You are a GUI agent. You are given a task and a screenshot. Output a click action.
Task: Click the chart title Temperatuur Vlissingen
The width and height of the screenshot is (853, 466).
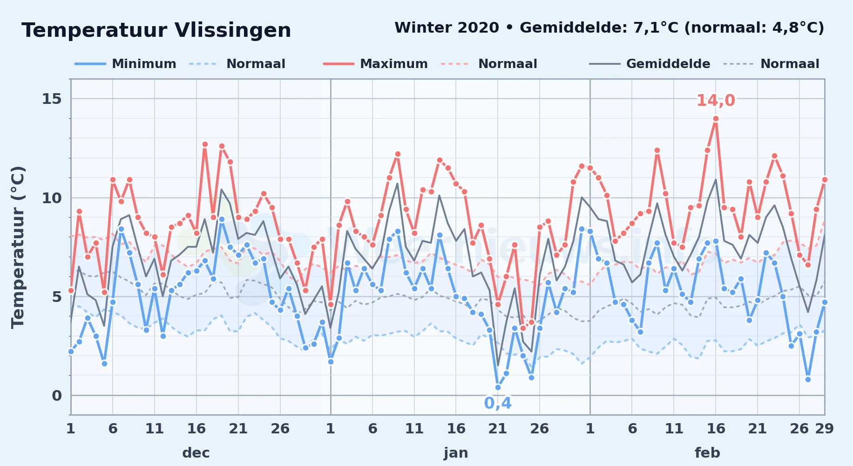(156, 30)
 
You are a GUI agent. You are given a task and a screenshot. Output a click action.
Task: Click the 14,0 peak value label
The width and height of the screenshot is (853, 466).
(716, 100)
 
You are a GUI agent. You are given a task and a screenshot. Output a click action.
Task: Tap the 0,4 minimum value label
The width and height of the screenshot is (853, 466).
(498, 403)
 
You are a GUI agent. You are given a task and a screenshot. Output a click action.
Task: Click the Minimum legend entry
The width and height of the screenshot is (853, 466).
(126, 64)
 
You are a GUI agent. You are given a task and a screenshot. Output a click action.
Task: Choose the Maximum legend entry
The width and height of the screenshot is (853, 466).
(376, 64)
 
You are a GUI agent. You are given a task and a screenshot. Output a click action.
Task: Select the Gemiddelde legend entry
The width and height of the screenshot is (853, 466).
(650, 64)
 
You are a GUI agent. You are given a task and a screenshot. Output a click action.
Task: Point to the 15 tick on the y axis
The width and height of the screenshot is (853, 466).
(52, 99)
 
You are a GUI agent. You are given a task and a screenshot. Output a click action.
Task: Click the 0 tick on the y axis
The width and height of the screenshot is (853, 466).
(57, 396)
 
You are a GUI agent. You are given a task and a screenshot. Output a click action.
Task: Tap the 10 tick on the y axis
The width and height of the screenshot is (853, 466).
(52, 198)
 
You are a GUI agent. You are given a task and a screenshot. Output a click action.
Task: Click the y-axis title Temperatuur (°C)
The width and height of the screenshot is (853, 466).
(18, 247)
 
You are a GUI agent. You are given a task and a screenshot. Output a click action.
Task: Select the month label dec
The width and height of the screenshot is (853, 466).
(196, 452)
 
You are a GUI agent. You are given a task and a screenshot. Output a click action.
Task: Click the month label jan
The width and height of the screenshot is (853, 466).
(456, 452)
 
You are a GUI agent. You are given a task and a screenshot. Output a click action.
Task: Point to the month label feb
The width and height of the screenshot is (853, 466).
(707, 452)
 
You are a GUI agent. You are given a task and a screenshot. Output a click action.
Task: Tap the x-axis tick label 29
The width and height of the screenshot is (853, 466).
(824, 428)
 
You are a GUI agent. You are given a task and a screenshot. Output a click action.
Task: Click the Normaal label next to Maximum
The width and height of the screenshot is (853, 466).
(508, 64)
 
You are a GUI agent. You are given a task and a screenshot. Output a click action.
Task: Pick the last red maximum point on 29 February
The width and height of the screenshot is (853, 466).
(825, 179)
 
